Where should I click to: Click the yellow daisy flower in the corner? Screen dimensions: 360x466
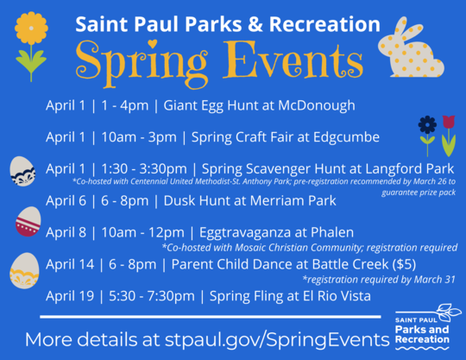tap(31, 29)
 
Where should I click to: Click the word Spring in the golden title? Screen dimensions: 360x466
tap(138, 60)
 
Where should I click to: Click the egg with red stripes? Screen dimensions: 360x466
tap(28, 221)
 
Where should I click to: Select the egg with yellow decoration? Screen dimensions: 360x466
tap(22, 270)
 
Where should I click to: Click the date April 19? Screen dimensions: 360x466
tap(70, 296)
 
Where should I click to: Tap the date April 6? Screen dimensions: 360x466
tap(67, 201)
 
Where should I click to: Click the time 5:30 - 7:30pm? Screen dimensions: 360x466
tap(150, 296)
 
